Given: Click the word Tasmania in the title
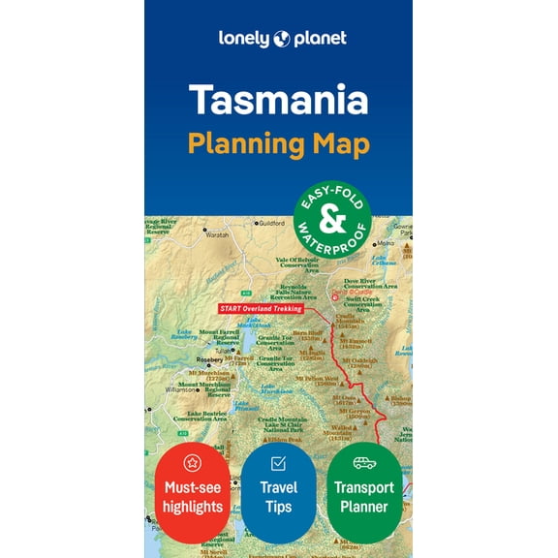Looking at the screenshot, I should (x=278, y=100).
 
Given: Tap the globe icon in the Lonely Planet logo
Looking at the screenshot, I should (x=280, y=39).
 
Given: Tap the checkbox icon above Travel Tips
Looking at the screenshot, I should (x=278, y=463).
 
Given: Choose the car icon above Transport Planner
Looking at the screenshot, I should (x=364, y=463).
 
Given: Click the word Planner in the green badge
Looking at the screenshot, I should (x=364, y=507).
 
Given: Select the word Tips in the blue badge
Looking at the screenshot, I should (x=278, y=507).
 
